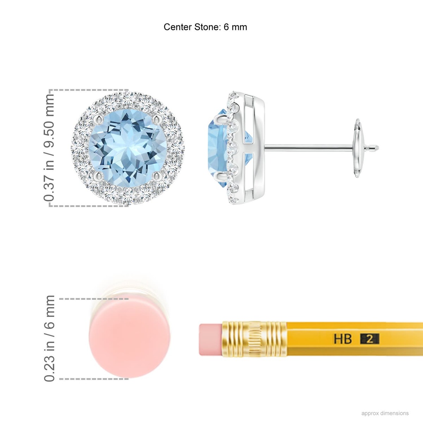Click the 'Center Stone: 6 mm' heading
pyautogui.click(x=205, y=27)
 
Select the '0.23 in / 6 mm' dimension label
pyautogui.click(x=49, y=338)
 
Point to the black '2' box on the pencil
pyautogui.click(x=370, y=339)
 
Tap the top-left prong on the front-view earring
pyautogui.click(x=100, y=120)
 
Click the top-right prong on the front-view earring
pyautogui.click(x=157, y=120)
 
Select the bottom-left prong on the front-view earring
pyautogui.click(x=100, y=176)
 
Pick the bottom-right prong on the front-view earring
pyautogui.click(x=157, y=176)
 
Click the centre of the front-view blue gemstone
pyautogui.click(x=128, y=148)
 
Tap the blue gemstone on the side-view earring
pyautogui.click(x=217, y=148)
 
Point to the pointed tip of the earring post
pyautogui.click(x=378, y=147)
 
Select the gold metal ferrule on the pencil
pyautogui.click(x=254, y=339)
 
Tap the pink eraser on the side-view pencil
pyautogui.click(x=211, y=339)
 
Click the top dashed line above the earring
pyautogui.click(x=89, y=90)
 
